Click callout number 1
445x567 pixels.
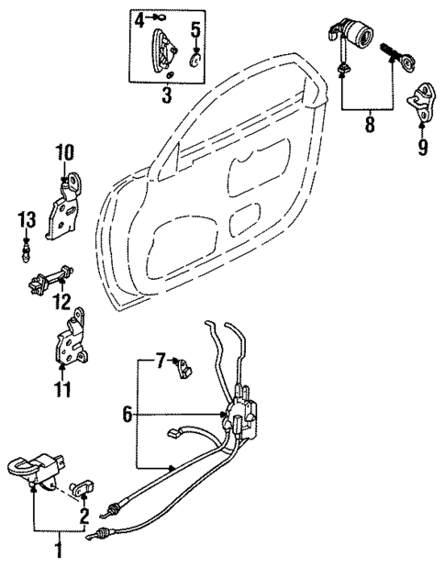60,550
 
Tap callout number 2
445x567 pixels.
83,514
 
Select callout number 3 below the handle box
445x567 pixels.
167,94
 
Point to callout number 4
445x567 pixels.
139,18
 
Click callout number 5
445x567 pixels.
195,29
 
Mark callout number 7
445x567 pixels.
160,360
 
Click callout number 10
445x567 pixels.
65,150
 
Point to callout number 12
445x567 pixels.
62,301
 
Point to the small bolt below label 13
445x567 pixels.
28,248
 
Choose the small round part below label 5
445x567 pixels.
195,61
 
